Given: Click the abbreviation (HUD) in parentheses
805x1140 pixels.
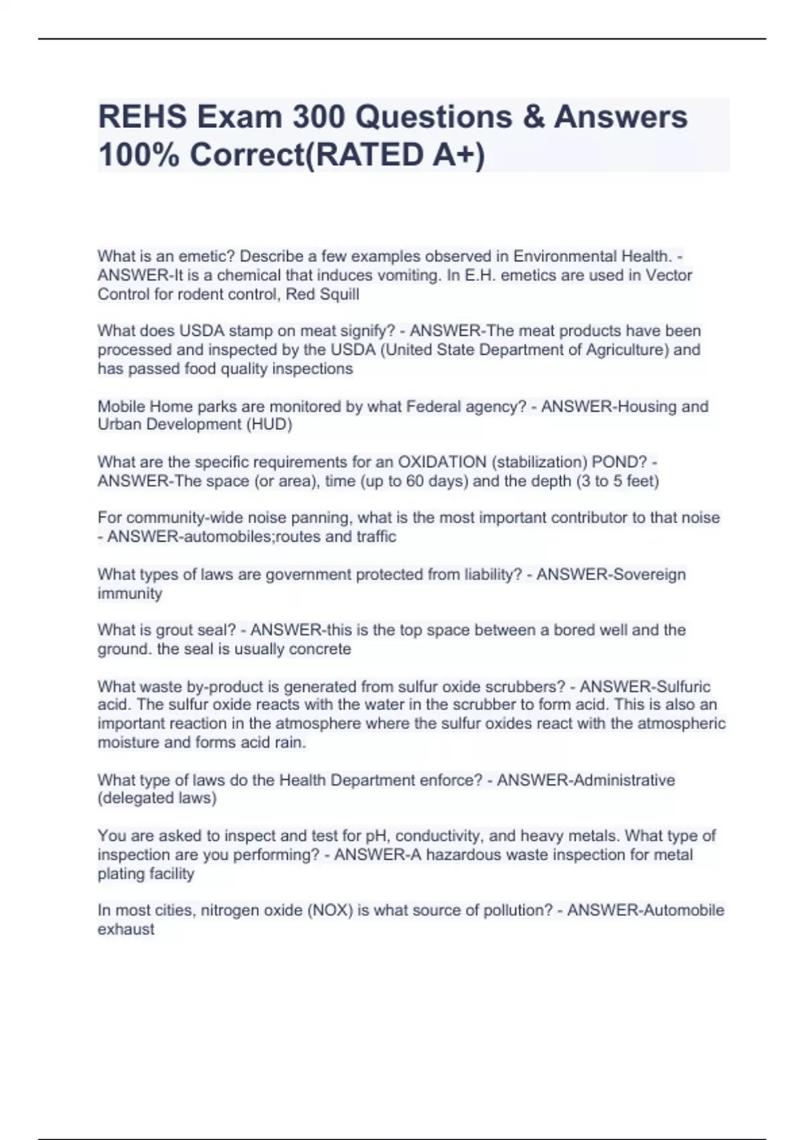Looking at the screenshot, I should pos(269,424).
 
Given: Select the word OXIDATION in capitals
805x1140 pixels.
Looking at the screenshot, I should pos(442,462).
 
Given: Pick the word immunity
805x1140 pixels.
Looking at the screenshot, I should pos(130,593).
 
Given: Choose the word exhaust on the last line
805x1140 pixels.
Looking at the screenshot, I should pos(126,929).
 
